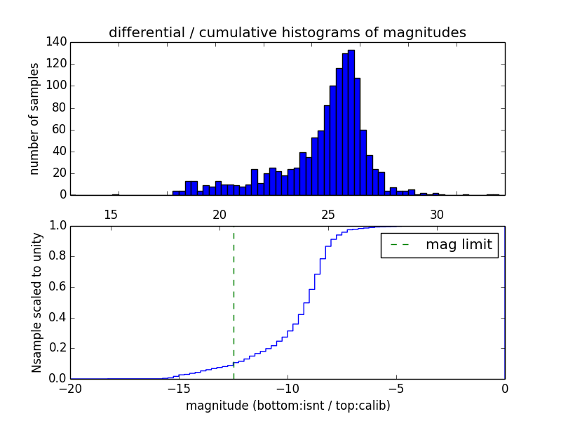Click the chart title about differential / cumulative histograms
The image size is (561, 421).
[287, 32]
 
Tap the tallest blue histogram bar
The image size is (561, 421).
[351, 123]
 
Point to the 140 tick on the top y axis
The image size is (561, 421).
[58, 42]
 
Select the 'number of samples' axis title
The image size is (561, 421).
[34, 119]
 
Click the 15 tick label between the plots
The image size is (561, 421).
[111, 214]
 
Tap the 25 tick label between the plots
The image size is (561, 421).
[328, 214]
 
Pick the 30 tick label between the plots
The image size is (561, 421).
[437, 214]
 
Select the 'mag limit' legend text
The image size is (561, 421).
[459, 246]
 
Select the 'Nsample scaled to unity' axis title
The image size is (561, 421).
[36, 302]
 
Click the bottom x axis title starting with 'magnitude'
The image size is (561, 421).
[288, 406]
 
